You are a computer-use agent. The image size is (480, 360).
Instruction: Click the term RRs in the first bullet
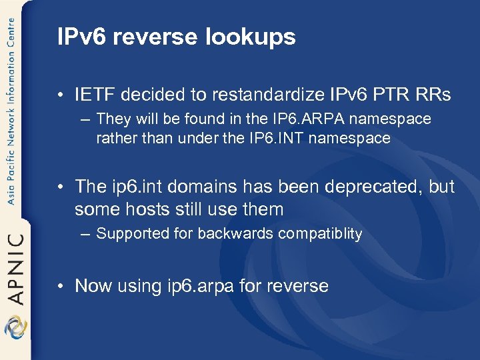(434, 95)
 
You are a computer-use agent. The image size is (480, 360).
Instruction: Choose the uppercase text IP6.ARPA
(302, 119)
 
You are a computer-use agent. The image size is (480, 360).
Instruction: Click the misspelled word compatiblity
(320, 234)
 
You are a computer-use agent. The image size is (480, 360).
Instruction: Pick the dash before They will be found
(85, 119)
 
